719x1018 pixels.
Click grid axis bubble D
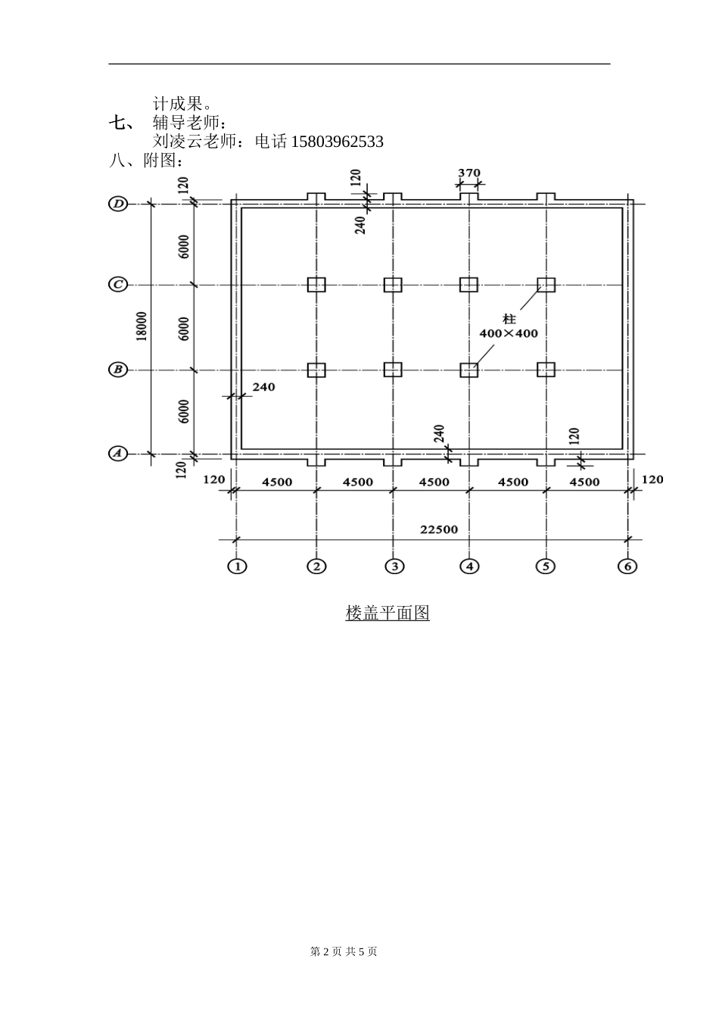(x=118, y=204)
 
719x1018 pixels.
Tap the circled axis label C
(x=118, y=285)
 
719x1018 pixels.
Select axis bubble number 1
(x=238, y=566)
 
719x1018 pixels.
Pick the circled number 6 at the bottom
(x=627, y=566)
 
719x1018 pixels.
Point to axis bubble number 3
(x=393, y=566)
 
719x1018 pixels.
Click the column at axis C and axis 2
(x=316, y=285)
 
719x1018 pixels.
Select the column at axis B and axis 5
(x=546, y=370)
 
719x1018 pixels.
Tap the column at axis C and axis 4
(x=469, y=285)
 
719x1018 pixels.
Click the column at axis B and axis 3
(x=393, y=370)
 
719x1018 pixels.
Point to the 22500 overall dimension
(x=439, y=529)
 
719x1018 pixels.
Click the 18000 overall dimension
(x=142, y=326)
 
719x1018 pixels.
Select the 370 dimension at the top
(x=469, y=173)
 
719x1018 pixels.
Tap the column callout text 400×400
(x=509, y=333)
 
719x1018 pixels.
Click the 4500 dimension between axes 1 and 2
(x=277, y=482)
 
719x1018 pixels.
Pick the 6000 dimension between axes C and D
(x=184, y=245)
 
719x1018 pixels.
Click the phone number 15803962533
(x=337, y=142)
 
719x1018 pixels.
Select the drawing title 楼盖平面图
(x=388, y=613)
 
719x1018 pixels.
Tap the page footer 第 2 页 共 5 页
(x=344, y=951)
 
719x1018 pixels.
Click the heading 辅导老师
(x=189, y=123)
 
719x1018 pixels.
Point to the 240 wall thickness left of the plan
(x=263, y=387)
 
